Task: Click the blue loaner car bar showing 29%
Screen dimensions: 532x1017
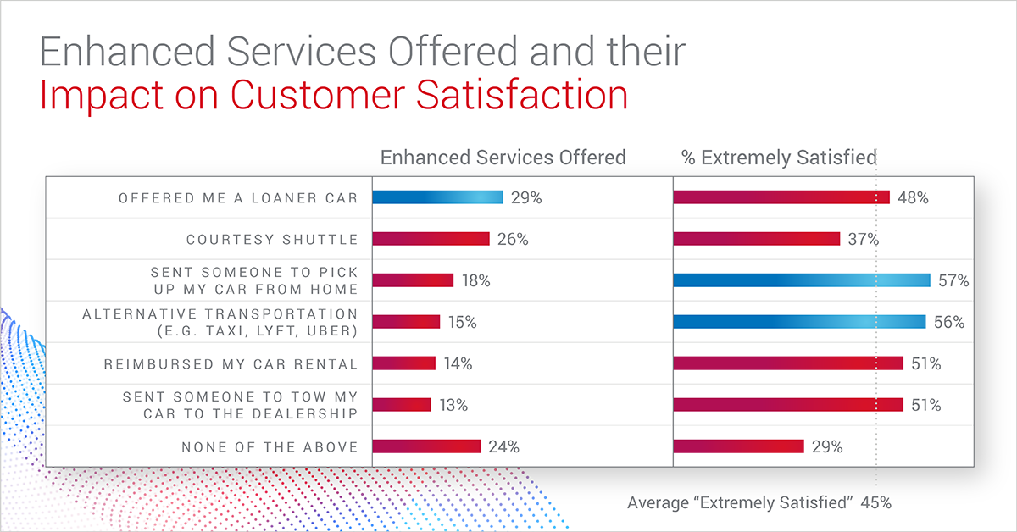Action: (438, 197)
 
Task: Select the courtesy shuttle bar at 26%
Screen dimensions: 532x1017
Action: (431, 239)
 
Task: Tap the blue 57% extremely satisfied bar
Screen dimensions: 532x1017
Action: (800, 280)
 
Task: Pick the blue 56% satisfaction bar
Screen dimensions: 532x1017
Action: (798, 322)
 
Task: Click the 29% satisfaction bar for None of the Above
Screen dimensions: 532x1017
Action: (738, 446)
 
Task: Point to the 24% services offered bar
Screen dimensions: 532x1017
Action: (426, 446)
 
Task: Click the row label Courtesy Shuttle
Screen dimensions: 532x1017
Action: (272, 240)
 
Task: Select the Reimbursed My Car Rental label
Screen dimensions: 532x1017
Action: (231, 364)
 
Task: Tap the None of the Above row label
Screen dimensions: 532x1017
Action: (270, 446)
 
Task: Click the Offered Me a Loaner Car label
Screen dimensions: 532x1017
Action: (238, 198)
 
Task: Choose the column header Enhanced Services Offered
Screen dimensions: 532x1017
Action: (503, 158)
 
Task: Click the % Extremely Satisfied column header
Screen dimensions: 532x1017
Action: (779, 158)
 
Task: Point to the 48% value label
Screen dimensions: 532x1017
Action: (914, 198)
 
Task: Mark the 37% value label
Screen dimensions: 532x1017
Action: (864, 240)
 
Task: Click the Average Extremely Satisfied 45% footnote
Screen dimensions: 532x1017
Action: (759, 502)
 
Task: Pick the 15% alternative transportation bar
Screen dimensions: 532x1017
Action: (406, 322)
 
